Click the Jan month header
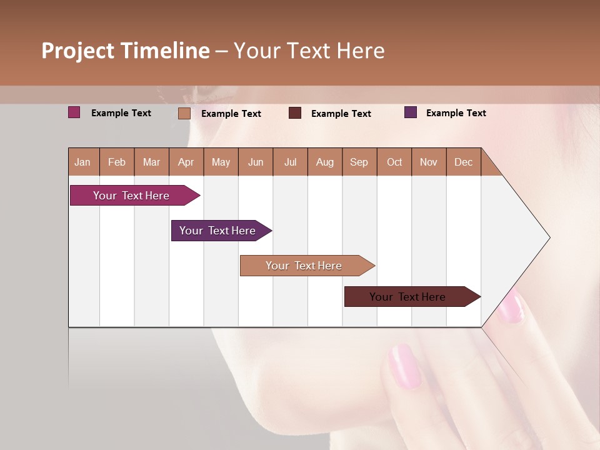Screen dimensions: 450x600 pyautogui.click(x=83, y=162)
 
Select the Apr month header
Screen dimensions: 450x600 pyautogui.click(x=186, y=162)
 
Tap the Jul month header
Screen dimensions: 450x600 pyautogui.click(x=290, y=162)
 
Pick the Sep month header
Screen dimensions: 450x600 pyautogui.click(x=359, y=162)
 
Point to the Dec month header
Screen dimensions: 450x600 pyautogui.click(x=463, y=162)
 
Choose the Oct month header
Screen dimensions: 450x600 pyautogui.click(x=394, y=162)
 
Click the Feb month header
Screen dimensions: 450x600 pyautogui.click(x=117, y=162)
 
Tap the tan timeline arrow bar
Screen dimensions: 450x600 pyautogui.click(x=304, y=266)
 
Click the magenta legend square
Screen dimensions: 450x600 pyautogui.click(x=74, y=112)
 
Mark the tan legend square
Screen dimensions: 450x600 pyautogui.click(x=184, y=113)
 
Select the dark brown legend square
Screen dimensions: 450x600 pyautogui.click(x=295, y=113)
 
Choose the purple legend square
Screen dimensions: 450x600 pyautogui.click(x=411, y=112)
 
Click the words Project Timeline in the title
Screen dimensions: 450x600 pyautogui.click(x=126, y=51)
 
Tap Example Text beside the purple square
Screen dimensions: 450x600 pyautogui.click(x=456, y=113)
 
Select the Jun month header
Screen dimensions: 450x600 pyautogui.click(x=256, y=162)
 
